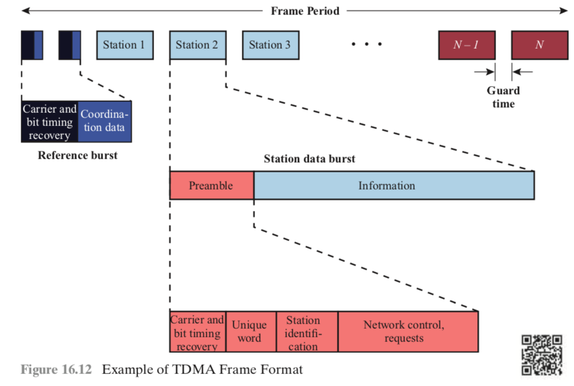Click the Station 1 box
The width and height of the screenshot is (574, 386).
coord(125,45)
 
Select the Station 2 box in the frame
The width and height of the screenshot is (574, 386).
coord(197,45)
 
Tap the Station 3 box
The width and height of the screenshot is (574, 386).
coord(270,45)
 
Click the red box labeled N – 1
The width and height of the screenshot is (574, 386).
coord(466,45)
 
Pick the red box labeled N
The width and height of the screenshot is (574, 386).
coord(538,45)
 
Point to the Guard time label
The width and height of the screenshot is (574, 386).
coord(503,97)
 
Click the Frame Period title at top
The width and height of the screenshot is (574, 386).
coord(305,11)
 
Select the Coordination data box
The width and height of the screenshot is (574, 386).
coord(104,121)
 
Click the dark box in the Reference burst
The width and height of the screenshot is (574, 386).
coord(49,121)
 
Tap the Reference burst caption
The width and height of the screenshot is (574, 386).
coord(77,155)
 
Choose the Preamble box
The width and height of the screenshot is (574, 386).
coord(211,186)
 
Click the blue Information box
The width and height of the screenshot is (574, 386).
coord(394,186)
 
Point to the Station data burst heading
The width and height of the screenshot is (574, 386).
coord(309,159)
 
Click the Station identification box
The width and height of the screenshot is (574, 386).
coord(307,332)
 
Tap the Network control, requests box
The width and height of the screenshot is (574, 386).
coord(407,332)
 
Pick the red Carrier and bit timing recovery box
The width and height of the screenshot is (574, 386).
coord(198,332)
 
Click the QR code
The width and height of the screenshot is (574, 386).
coord(541,355)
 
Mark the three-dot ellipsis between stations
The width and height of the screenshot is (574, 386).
coord(367,44)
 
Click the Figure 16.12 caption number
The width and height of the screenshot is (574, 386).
coord(56,369)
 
